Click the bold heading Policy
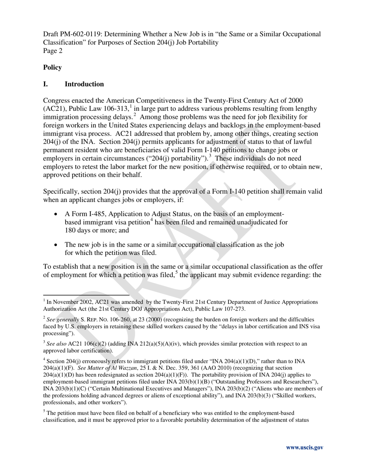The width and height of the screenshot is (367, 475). click(x=52, y=68)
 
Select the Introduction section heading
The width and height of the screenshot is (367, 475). click(x=84, y=84)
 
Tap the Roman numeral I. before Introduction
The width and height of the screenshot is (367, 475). click(x=46, y=84)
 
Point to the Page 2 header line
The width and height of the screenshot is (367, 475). click(x=53, y=51)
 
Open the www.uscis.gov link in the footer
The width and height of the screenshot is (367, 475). click(x=304, y=448)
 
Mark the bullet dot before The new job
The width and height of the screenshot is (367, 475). click(x=57, y=245)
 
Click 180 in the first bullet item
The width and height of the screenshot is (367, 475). click(x=70, y=231)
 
